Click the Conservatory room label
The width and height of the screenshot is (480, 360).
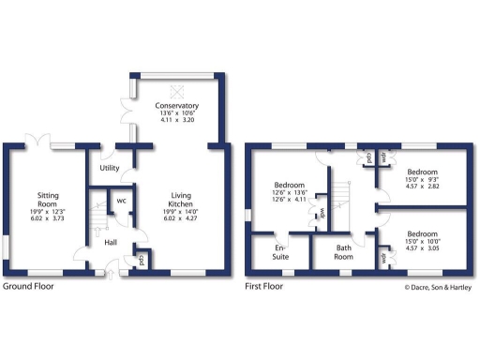(174, 106)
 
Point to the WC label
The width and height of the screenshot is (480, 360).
(121, 200)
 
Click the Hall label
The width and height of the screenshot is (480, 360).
(111, 243)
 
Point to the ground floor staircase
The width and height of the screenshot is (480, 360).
(96, 217)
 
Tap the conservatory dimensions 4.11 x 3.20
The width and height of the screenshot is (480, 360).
(174, 123)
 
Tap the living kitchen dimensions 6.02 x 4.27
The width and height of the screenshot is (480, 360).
(181, 224)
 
